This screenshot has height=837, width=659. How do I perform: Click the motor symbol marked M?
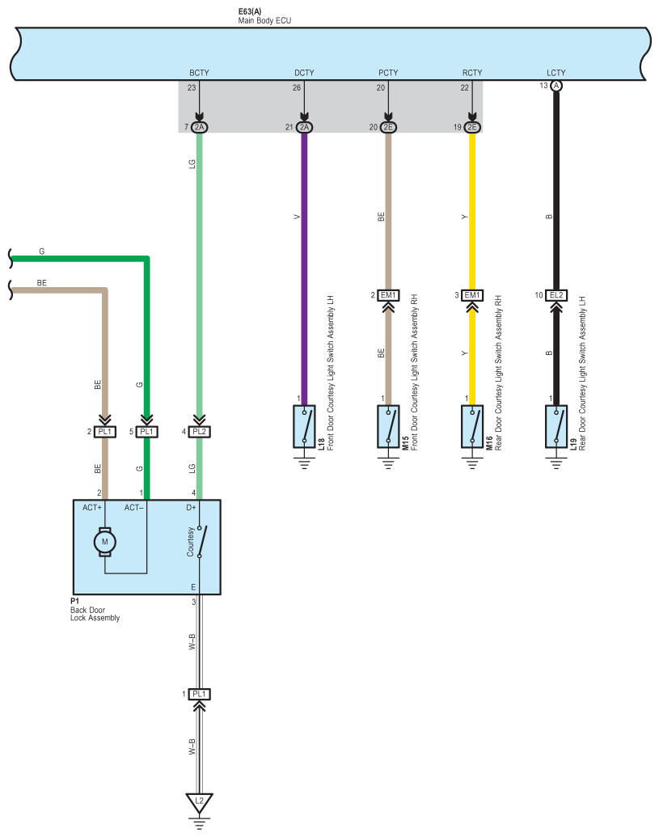(104, 542)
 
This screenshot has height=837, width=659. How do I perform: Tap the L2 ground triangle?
(199, 802)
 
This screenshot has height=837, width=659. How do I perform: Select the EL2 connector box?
(556, 295)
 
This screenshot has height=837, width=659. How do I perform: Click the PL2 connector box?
(199, 431)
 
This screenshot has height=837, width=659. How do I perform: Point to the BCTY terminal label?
(199, 73)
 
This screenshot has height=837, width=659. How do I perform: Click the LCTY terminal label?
(556, 73)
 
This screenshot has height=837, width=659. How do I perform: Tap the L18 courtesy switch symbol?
(304, 426)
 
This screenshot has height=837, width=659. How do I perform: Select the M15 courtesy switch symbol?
(388, 426)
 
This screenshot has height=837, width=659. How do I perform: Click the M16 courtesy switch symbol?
(472, 426)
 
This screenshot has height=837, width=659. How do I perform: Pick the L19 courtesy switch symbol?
(556, 426)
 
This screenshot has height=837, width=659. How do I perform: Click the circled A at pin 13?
(556, 86)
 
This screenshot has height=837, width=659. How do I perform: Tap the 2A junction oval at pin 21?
(304, 127)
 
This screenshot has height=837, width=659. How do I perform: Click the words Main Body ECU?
(264, 20)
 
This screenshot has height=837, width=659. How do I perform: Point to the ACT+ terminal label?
(92, 508)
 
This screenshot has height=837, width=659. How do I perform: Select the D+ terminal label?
(191, 508)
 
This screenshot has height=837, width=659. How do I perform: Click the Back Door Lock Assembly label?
(95, 614)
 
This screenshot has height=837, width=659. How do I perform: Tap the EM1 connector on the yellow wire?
(472, 295)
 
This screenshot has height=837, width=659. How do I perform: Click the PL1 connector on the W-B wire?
(199, 694)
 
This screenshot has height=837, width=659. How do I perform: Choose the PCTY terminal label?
(388, 73)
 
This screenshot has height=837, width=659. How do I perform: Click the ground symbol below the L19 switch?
(556, 462)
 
